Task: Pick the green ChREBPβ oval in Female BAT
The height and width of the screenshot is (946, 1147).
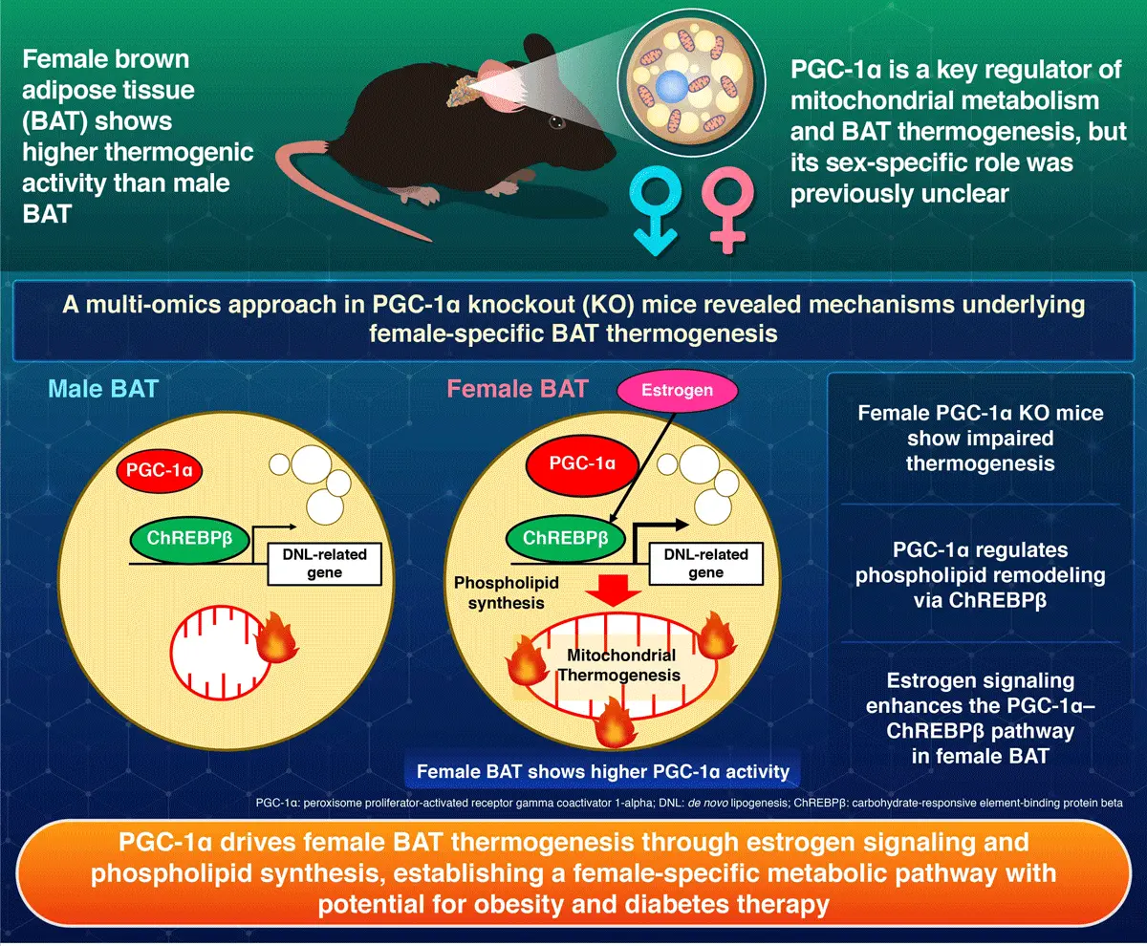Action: click(566, 537)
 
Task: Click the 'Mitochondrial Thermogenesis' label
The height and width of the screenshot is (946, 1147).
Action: click(621, 665)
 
